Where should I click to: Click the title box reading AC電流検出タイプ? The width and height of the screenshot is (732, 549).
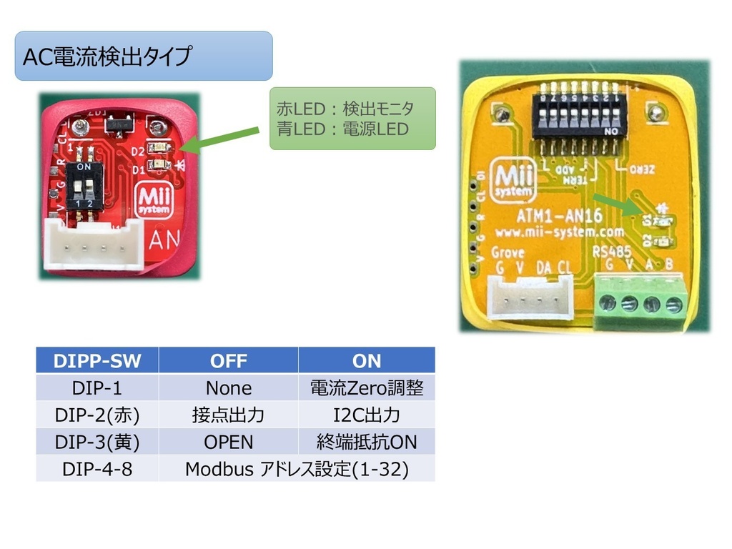[x=143, y=56]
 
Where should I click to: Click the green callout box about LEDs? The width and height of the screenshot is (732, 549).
[x=352, y=118]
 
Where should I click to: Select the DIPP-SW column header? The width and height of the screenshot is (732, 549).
[x=97, y=361]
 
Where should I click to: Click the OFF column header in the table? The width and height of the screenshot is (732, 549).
[x=228, y=361]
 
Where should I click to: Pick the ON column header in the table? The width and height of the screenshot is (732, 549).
[x=366, y=361]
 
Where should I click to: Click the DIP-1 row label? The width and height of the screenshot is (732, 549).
[x=97, y=388]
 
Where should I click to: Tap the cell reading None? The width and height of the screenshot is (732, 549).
[x=228, y=388]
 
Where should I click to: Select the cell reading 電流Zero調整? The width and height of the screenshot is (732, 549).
[x=366, y=388]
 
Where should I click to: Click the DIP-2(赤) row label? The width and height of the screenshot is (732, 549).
[x=97, y=415]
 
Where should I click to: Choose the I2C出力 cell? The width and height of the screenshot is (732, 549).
[x=366, y=415]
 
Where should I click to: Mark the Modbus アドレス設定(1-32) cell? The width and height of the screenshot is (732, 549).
[x=296, y=470]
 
